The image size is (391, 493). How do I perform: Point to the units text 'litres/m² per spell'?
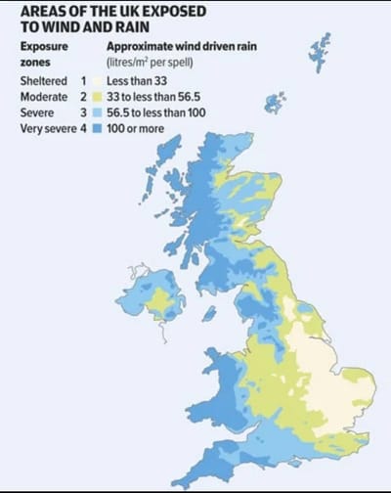[152, 61]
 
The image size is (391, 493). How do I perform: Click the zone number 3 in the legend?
[85, 114]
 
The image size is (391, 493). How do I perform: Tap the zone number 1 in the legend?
[85, 81]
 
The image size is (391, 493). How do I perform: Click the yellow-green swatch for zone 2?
[98, 98]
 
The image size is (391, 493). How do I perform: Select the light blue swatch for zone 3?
[98, 114]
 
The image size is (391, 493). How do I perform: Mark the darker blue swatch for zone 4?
[98, 130]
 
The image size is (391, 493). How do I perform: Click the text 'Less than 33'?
[138, 81]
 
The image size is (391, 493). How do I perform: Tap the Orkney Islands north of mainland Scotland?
[276, 102]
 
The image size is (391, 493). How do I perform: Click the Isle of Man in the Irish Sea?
[209, 313]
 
